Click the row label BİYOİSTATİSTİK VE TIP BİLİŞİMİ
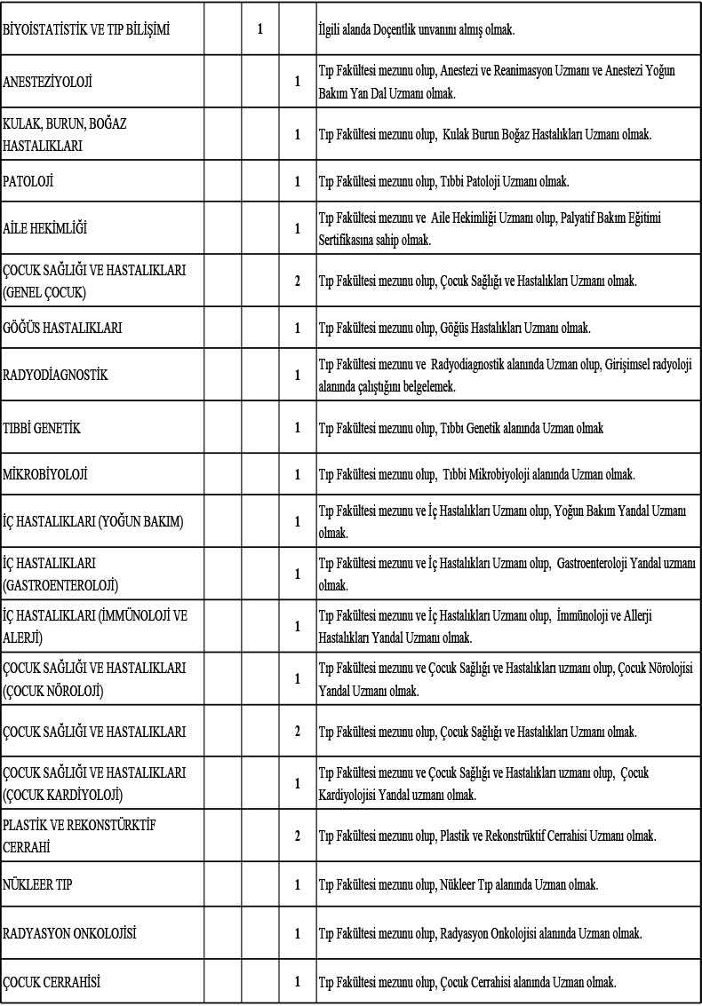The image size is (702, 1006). coord(86,29)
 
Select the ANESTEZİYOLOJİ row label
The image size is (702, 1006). coord(48,82)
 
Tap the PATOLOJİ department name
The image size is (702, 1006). coord(28,181)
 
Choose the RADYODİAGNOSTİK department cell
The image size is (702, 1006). coord(55,375)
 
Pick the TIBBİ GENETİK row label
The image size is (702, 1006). coord(42,428)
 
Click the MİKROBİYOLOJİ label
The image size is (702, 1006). coord(45,474)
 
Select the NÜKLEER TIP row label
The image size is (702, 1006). coord(37,884)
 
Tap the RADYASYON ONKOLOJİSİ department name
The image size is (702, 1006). coord(69,933)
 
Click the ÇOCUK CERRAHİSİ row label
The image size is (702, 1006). coord(52,981)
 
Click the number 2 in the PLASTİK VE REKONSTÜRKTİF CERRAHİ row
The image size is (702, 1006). coord(298,836)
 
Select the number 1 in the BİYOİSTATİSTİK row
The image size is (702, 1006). coord(260,29)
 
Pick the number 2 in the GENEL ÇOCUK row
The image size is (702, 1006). coord(298,281)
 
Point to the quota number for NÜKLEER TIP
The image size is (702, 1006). coord(298,884)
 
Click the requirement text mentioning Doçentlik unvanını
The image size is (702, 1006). coord(417,29)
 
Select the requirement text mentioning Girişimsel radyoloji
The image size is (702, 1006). coord(506,375)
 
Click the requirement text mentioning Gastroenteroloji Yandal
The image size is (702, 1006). coord(507,574)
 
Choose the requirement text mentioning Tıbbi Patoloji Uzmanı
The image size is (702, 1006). coord(444,181)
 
